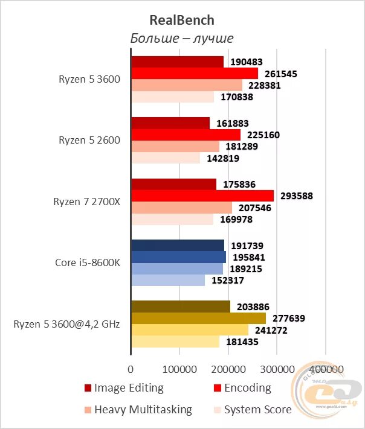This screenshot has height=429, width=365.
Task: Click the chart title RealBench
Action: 182,20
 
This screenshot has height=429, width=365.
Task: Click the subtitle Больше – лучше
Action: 182,38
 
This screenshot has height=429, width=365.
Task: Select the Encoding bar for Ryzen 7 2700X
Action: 202,195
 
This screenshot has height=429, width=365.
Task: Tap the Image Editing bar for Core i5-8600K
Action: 178,245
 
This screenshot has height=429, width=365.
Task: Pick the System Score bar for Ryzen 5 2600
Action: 166,158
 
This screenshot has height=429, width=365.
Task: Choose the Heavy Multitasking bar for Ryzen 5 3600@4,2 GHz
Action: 190,330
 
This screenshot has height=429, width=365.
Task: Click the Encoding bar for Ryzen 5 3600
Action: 195,73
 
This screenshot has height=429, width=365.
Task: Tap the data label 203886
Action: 253,307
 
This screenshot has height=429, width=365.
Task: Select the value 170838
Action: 237,97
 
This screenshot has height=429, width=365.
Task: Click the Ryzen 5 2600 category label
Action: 89,140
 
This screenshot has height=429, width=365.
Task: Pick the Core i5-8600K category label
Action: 88,262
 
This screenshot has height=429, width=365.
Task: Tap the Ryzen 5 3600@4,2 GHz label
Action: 66,324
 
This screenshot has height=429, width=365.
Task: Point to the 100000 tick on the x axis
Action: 179,369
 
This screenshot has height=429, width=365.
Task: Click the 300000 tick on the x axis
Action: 277,369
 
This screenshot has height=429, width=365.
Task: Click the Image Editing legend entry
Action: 124,388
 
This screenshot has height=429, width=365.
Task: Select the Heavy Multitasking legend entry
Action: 138,410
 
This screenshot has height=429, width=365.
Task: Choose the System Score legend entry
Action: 253,410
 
